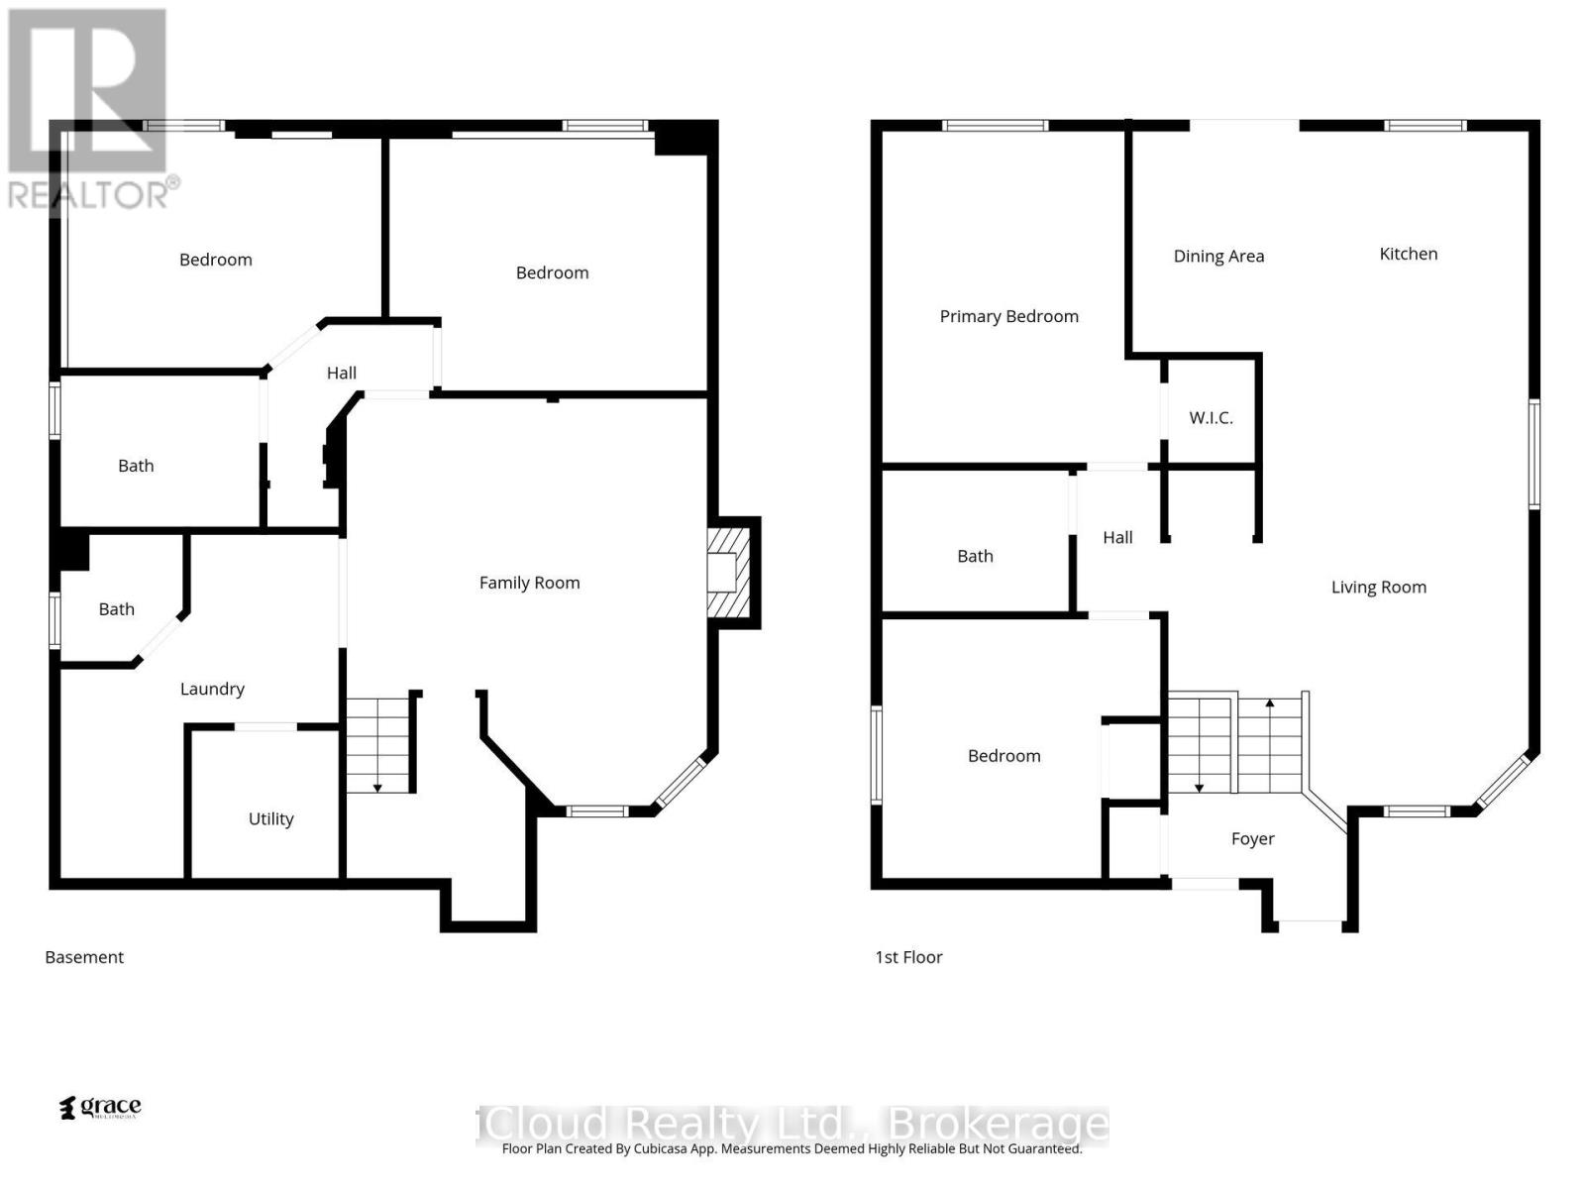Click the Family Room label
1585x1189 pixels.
[x=529, y=583]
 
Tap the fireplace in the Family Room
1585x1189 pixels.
[x=731, y=573]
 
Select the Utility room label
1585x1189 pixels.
[x=270, y=818]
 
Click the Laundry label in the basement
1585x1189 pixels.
[x=212, y=689]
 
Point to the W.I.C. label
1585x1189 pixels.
[x=1211, y=417]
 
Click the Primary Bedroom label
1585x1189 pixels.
[x=1008, y=316]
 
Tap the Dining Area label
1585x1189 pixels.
[x=1218, y=256]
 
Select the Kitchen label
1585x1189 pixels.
[x=1408, y=254]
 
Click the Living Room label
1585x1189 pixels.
[x=1378, y=587]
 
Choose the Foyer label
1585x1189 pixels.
[x=1252, y=838]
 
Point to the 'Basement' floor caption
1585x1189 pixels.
[x=84, y=957]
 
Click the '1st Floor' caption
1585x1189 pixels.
[x=908, y=957]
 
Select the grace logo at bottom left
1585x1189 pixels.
[x=101, y=1107]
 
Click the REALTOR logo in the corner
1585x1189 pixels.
[x=89, y=109]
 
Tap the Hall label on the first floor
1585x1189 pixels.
[x=1117, y=537]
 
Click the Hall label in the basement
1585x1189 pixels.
[x=342, y=373]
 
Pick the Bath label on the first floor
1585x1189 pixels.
[x=975, y=556]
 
